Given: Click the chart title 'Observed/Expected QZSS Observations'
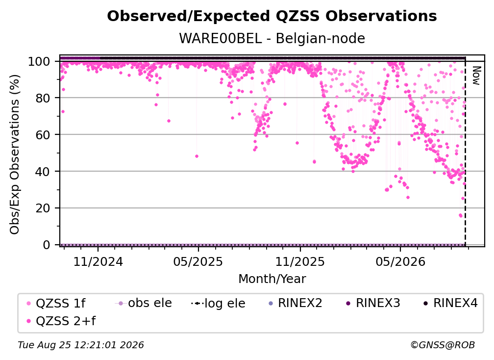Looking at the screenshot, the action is pyautogui.click(x=272, y=16).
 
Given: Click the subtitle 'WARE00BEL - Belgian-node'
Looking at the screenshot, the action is pyautogui.click(x=272, y=38).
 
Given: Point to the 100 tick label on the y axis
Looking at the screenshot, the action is pyautogui.click(x=39, y=61).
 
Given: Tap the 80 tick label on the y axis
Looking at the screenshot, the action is pyautogui.click(x=43, y=98).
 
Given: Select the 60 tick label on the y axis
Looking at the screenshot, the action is pyautogui.click(x=43, y=135).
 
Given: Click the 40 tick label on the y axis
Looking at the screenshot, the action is pyautogui.click(x=43, y=172).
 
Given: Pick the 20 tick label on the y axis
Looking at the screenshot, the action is pyautogui.click(x=43, y=208).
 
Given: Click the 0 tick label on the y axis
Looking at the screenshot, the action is pyautogui.click(x=47, y=245).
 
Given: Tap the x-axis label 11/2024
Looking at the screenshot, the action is pyautogui.click(x=98, y=262).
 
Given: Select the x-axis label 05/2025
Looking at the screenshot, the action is pyautogui.click(x=198, y=262).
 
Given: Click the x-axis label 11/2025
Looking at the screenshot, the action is pyautogui.click(x=300, y=262).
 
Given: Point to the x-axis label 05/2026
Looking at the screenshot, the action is pyautogui.click(x=400, y=262).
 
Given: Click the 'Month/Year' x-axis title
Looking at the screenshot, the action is pyautogui.click(x=272, y=279).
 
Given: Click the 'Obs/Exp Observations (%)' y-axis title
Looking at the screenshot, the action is pyautogui.click(x=15, y=154).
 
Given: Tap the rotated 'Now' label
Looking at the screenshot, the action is pyautogui.click(x=476, y=76).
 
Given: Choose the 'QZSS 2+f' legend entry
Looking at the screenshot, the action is pyautogui.click(x=61, y=321).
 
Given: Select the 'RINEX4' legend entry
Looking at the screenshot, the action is pyautogui.click(x=450, y=303).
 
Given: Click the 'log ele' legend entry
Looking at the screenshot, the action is pyautogui.click(x=218, y=303).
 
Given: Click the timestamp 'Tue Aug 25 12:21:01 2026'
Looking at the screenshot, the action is pyautogui.click(x=81, y=345).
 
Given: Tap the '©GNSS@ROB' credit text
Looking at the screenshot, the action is pyautogui.click(x=443, y=345).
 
